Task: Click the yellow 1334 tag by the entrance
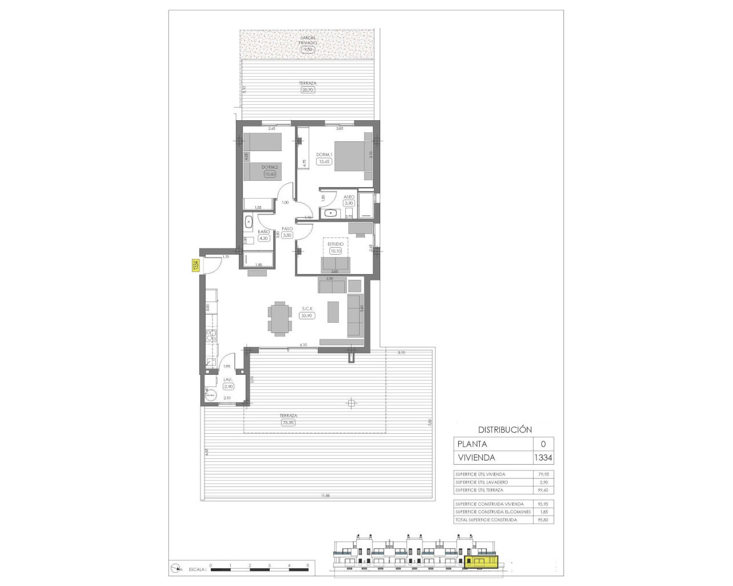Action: click(x=195, y=266)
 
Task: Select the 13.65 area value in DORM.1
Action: click(x=324, y=161)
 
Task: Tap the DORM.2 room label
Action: click(x=269, y=167)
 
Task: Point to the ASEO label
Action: click(x=349, y=196)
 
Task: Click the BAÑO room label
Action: click(x=263, y=232)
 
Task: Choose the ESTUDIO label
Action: click(x=336, y=244)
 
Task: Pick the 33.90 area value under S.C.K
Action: click(x=308, y=315)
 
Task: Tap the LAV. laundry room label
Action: click(x=227, y=380)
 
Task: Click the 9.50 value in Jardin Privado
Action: click(x=308, y=50)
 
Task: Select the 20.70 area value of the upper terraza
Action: click(x=308, y=90)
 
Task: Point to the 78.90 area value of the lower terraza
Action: click(x=289, y=423)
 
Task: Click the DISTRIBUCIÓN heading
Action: click(x=505, y=430)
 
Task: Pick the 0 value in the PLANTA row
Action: click(x=543, y=444)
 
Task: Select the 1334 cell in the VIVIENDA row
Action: click(x=543, y=458)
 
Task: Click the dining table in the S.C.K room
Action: click(x=279, y=318)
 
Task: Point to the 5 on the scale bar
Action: click(x=308, y=565)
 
